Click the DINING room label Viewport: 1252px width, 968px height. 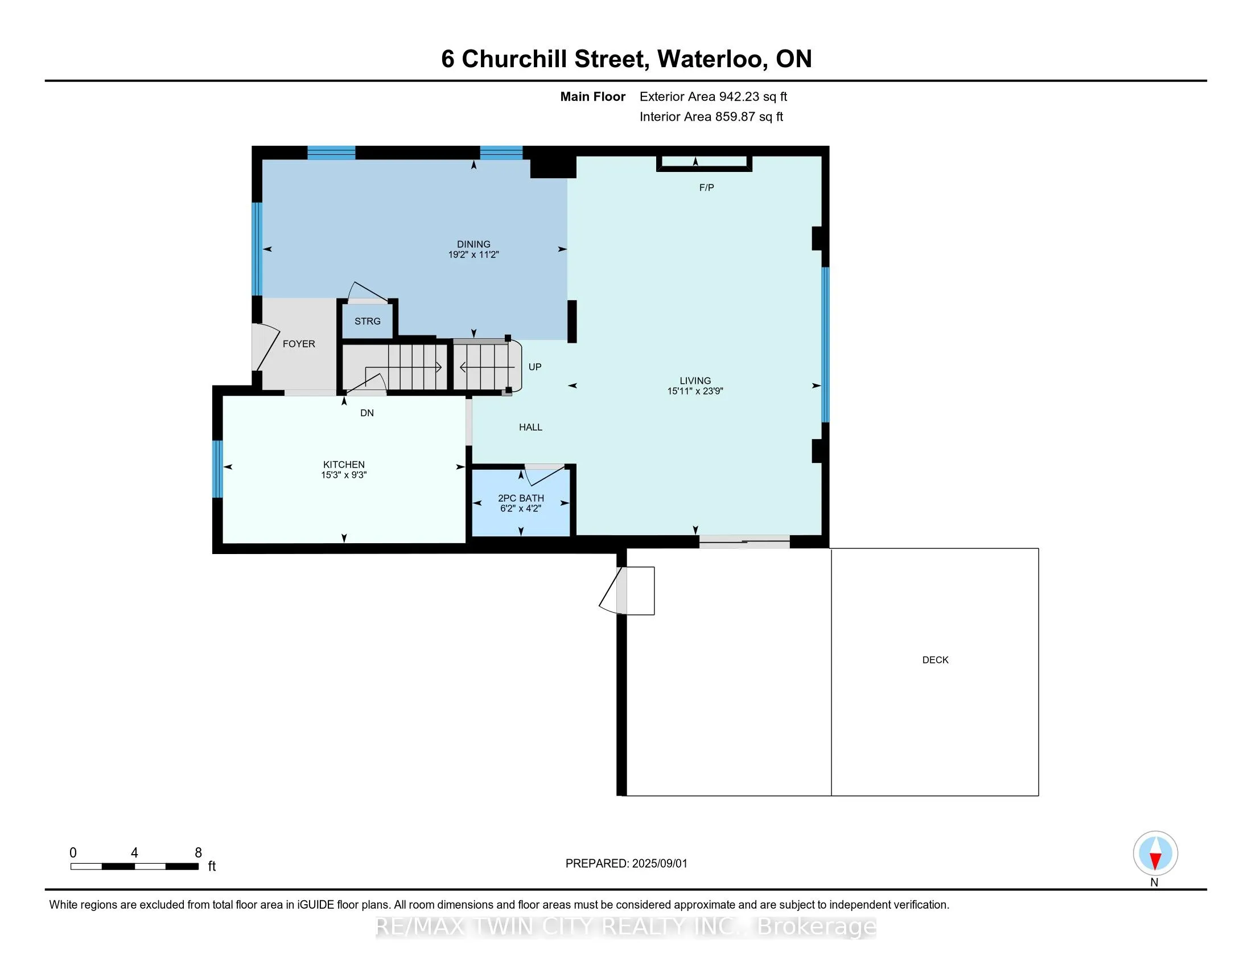(473, 244)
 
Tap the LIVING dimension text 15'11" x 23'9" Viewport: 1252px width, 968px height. (695, 392)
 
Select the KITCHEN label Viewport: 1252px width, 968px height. (344, 465)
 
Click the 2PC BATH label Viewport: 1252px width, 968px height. (521, 498)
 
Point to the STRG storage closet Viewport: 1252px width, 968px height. (368, 321)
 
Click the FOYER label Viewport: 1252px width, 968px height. (299, 344)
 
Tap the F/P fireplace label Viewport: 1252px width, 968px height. (706, 187)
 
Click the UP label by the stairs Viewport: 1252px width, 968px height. (535, 367)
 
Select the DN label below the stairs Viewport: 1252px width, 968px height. (367, 413)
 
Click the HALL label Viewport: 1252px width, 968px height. (530, 427)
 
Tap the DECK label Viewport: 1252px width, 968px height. (935, 660)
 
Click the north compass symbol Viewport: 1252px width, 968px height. (1155, 854)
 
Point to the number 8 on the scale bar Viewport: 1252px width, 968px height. (199, 853)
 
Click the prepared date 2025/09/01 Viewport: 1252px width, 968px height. (658, 864)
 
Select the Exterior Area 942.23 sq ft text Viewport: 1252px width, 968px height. (713, 97)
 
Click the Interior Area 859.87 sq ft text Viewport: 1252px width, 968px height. (711, 117)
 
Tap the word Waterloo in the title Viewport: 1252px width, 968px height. (709, 59)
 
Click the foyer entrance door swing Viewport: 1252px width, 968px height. (265, 347)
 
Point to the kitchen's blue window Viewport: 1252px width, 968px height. (217, 469)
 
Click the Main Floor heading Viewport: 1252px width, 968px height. (592, 97)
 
